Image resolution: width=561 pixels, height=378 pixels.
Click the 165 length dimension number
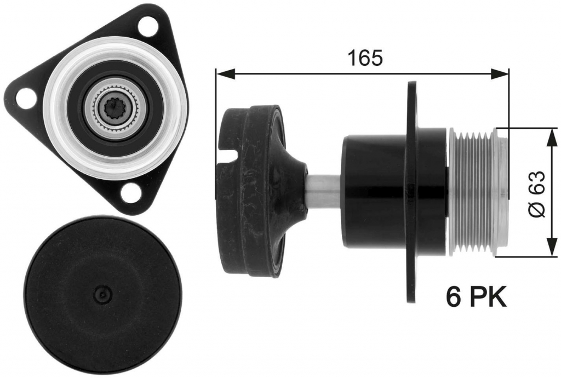[365, 58]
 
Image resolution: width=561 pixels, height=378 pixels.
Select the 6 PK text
[476, 297]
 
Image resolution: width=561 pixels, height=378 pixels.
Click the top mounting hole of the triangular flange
[147, 26]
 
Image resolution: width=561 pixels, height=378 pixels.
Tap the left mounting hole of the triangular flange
[26, 97]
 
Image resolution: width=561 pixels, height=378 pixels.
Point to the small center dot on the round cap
[102, 294]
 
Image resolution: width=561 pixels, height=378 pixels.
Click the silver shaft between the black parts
[324, 192]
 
